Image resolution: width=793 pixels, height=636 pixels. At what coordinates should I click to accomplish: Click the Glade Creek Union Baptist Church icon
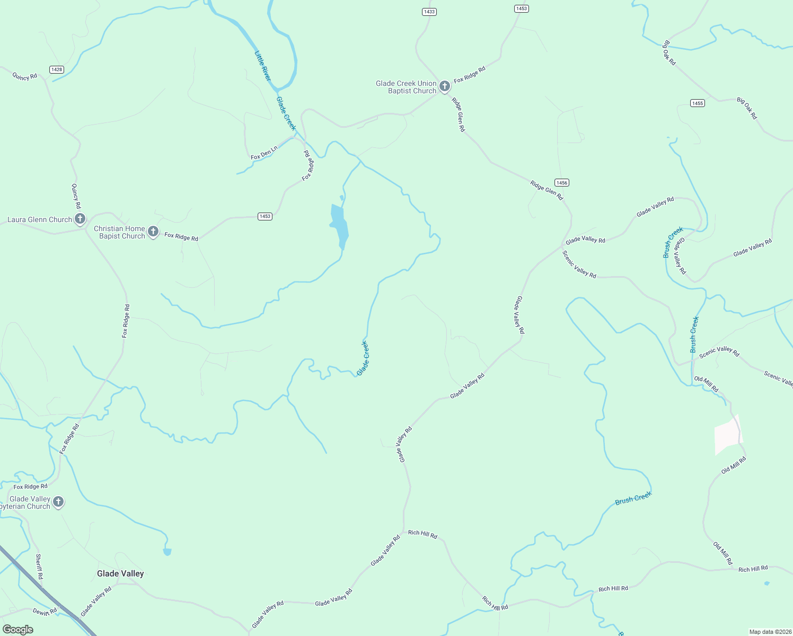(444, 86)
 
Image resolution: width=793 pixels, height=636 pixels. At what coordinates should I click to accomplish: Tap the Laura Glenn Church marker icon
(80, 218)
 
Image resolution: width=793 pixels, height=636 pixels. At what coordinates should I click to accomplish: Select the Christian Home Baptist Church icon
(153, 232)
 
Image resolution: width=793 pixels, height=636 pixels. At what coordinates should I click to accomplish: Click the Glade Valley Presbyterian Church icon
(58, 501)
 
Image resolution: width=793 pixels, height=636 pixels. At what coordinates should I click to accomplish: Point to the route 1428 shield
(57, 69)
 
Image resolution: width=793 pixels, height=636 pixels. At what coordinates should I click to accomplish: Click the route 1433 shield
(429, 12)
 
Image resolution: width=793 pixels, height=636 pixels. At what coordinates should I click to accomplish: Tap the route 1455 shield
(698, 103)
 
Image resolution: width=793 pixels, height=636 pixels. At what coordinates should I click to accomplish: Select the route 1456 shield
(562, 182)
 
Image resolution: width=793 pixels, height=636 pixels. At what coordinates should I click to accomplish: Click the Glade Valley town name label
(120, 573)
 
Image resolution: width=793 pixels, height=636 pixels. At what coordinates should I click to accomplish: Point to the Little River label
(263, 66)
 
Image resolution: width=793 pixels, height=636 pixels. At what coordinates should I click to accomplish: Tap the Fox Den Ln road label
(264, 153)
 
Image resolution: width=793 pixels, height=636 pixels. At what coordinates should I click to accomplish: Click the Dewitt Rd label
(45, 612)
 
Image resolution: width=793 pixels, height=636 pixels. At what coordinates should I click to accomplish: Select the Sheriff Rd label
(39, 566)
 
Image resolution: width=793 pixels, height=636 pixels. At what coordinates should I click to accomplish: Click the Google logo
(17, 630)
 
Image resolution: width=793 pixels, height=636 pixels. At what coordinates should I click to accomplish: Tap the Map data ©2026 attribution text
(770, 632)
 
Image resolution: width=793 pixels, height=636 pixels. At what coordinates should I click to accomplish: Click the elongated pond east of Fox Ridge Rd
(339, 225)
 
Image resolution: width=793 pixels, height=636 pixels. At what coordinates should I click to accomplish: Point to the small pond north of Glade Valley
(168, 552)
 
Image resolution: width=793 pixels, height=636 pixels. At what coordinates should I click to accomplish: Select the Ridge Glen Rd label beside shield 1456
(547, 190)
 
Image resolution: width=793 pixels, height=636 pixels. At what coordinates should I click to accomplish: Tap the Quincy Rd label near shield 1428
(25, 76)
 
